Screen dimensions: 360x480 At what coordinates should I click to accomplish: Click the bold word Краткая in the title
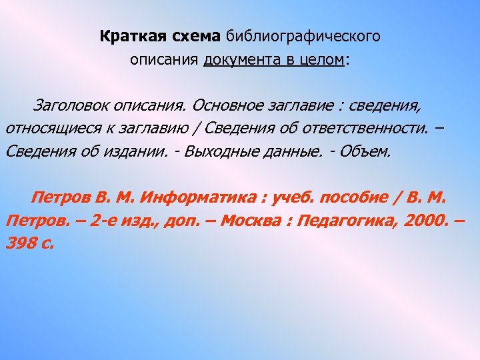click(127, 36)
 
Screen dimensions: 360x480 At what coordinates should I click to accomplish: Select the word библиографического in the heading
click(303, 36)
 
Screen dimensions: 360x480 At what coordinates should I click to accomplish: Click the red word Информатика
click(201, 198)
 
